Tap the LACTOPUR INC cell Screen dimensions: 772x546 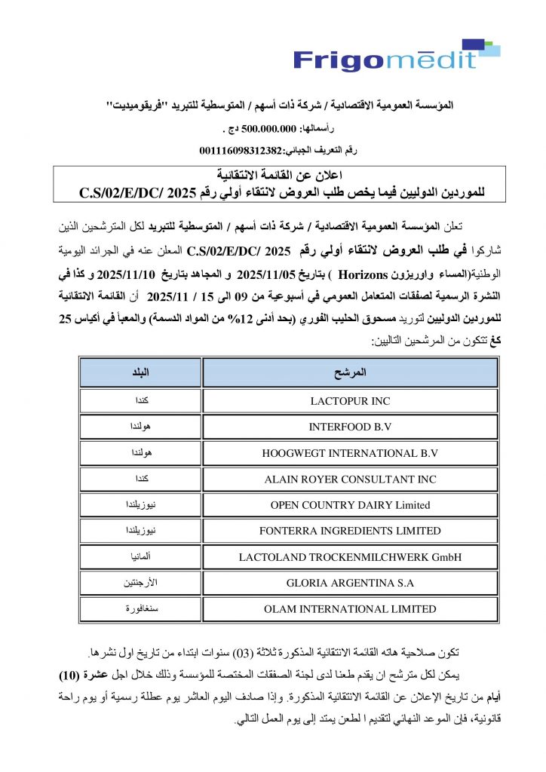(x=350, y=401)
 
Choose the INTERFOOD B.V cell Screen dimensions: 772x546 (x=350, y=427)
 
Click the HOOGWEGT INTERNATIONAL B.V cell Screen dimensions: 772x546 (x=350, y=453)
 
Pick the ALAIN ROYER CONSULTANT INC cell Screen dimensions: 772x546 (x=350, y=479)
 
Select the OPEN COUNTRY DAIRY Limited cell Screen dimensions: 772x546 (x=350, y=505)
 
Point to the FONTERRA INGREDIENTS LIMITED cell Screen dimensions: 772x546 (x=350, y=532)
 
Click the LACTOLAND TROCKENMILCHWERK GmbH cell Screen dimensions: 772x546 (x=350, y=557)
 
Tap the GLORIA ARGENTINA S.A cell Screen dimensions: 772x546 (x=350, y=584)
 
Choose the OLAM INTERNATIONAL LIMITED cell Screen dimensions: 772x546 (x=350, y=609)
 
